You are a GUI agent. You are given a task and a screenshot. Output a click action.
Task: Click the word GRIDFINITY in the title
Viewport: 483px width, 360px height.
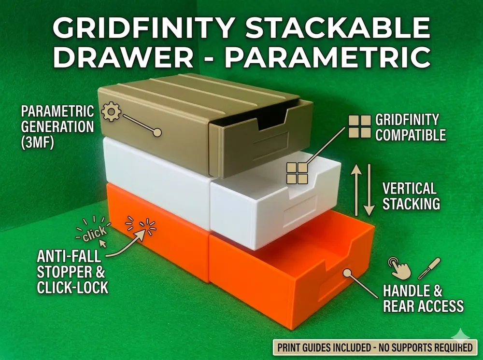coord(144,28)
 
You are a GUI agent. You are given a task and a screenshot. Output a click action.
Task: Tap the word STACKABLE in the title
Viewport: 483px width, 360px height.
coord(338,28)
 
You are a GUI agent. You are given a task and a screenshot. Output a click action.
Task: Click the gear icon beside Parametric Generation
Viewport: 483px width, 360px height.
coord(111,111)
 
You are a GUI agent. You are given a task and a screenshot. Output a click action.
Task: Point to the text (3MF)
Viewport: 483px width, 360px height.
coord(37,142)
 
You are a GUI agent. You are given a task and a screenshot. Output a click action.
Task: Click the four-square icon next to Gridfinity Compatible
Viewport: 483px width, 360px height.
coord(359,126)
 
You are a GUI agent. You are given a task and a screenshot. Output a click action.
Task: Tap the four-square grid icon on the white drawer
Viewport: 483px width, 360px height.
coord(298,173)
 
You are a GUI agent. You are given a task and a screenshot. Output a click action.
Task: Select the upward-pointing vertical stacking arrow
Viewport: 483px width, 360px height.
coord(357,190)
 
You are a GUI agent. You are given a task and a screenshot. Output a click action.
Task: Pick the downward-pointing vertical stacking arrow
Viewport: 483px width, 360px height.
coord(369,190)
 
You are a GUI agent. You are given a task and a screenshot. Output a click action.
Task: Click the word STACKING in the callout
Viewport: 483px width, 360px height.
coord(411,204)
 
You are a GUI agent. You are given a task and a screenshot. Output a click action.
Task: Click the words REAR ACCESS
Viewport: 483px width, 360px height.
coord(423,306)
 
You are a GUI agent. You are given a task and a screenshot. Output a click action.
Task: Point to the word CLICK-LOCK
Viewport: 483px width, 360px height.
coord(73,287)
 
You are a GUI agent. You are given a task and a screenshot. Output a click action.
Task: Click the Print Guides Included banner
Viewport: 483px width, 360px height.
coord(375,347)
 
